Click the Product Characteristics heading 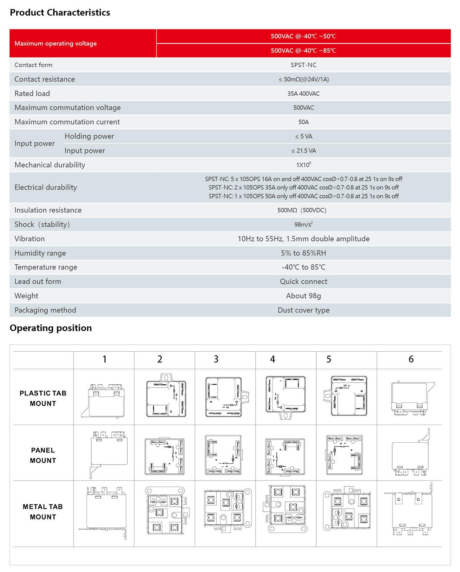coord(60,13)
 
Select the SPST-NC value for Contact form coord(303,65)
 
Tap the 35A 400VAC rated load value coord(303,94)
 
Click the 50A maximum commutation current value coord(303,122)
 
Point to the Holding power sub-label coord(89,136)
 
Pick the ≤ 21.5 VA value coord(303,151)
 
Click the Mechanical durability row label coord(50,165)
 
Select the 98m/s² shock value coord(303,225)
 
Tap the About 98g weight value coord(303,296)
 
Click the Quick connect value coord(303,282)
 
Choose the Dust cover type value coord(303,310)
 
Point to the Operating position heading coord(51,328)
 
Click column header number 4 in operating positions coord(273,359)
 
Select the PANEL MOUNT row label coord(43,455)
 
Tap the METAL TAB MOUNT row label coord(43,512)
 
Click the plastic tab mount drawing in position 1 coord(104,399)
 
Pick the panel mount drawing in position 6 coord(411,453)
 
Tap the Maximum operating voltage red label coord(56,44)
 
